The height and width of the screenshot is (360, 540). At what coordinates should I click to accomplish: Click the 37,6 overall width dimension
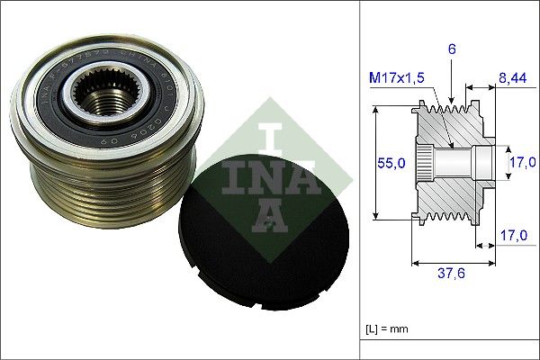[x=454, y=277]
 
